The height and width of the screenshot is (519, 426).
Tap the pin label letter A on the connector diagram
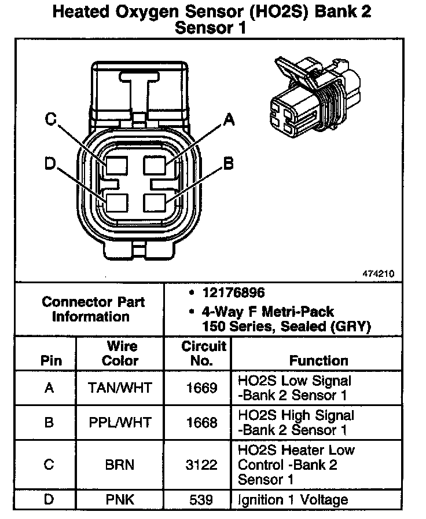click(230, 120)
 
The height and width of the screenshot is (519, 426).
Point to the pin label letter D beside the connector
click(51, 165)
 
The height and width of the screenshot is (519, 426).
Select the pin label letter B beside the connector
click(229, 164)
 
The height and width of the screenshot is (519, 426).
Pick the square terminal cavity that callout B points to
click(155, 203)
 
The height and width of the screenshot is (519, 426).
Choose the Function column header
click(319, 360)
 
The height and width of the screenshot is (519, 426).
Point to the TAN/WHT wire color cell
click(120, 388)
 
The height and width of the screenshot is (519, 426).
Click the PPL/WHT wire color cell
click(120, 422)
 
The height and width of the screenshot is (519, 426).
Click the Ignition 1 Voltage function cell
click(293, 499)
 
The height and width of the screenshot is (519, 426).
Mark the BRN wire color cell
click(120, 465)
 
